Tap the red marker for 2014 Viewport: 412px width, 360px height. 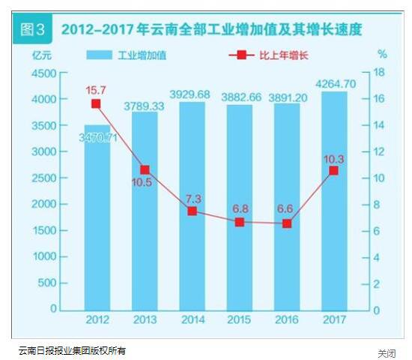pos(192,211)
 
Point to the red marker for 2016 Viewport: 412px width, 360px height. pos(286,223)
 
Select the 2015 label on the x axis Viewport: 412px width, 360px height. pos(239,320)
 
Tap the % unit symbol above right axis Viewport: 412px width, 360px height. pos(381,54)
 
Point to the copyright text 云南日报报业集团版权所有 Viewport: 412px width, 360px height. pos(73,350)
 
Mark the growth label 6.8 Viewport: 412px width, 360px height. pos(240,207)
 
